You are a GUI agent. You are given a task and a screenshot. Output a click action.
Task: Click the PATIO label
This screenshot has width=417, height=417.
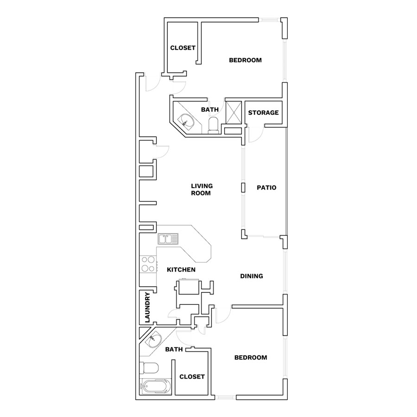266,188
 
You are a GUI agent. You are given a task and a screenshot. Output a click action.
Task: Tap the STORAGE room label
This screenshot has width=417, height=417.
263,113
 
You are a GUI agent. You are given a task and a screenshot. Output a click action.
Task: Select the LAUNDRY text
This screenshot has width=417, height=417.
147,308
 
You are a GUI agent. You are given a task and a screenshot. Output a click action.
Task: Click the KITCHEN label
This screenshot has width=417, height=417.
181,270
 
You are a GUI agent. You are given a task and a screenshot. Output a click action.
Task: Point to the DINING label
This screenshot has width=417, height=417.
252,276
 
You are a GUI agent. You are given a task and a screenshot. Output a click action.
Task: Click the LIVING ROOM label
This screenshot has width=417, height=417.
202,190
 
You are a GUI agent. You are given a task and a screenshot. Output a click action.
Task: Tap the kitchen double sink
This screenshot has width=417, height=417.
168,239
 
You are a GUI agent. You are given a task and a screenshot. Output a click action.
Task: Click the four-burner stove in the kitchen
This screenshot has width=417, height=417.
148,264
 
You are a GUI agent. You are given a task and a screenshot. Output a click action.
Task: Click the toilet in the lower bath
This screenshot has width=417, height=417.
149,368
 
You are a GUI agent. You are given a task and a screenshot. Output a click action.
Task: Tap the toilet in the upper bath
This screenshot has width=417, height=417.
213,125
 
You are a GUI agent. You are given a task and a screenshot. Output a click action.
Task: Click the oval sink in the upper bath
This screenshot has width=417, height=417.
188,121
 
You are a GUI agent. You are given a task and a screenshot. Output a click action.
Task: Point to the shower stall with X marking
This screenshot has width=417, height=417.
234,113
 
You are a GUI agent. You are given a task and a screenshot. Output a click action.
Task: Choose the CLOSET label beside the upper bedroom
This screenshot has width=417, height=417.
183,48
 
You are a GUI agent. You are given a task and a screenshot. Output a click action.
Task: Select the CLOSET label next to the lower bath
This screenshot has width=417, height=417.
192,377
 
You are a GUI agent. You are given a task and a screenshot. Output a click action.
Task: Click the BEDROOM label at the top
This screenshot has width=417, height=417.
245,60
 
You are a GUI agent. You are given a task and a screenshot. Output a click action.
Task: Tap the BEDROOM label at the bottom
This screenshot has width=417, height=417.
251,357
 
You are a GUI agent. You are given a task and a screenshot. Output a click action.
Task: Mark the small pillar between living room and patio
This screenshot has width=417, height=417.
243,188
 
